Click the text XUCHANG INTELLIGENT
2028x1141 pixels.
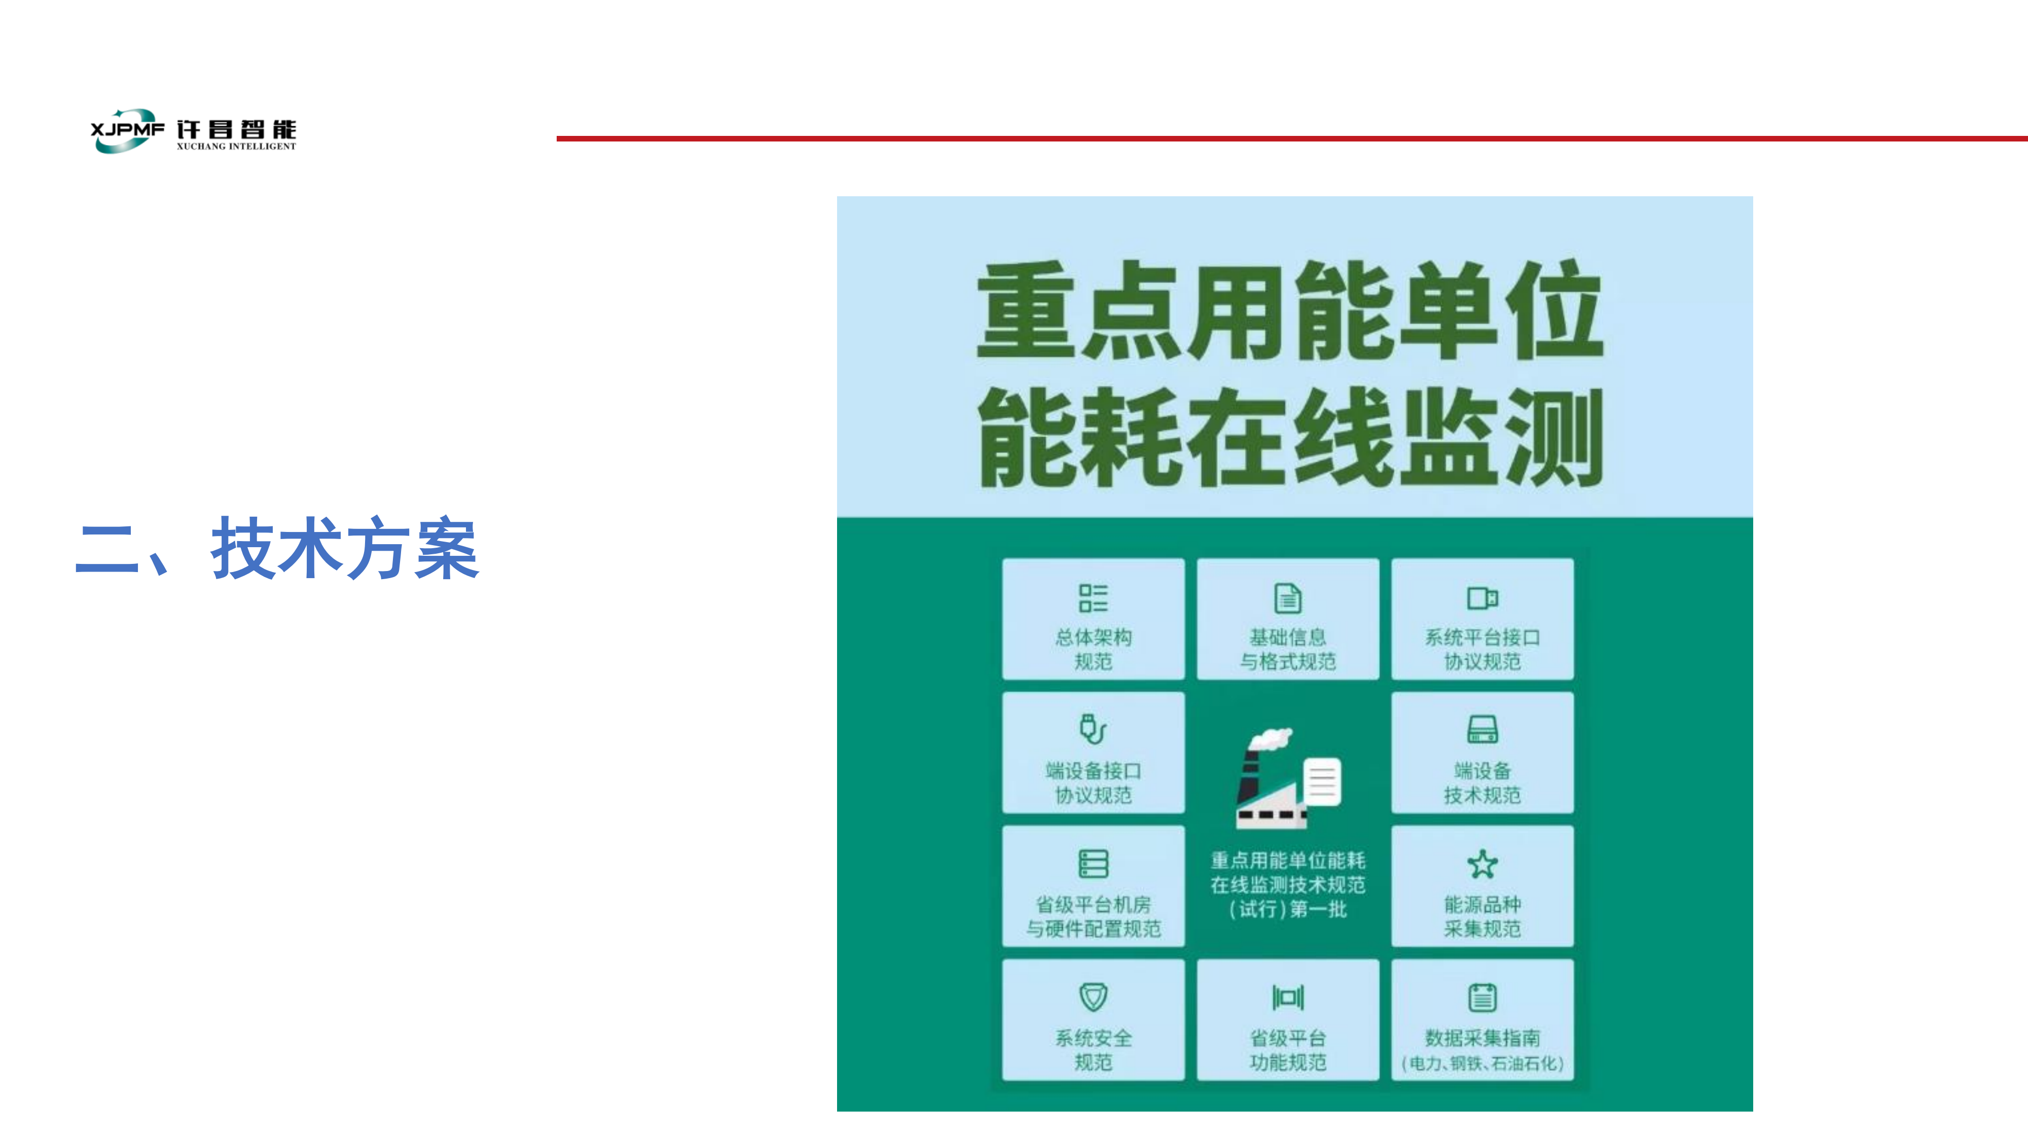pos(236,147)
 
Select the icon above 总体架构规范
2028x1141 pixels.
pos(1093,598)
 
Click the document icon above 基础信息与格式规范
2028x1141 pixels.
pos(1288,598)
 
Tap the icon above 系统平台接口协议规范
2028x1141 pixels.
pos(1482,598)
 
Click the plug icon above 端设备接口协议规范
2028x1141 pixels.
pos(1093,729)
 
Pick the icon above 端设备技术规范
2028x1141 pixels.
pos(1482,729)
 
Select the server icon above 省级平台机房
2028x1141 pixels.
pos(1093,863)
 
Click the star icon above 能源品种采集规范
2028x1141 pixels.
pos(1482,864)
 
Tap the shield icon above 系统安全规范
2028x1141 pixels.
pos(1093,997)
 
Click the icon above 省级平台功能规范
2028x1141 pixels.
pos(1288,997)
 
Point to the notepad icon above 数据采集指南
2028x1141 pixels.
pos(1482,997)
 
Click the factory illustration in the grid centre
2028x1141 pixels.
pos(1288,778)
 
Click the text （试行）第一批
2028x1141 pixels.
pos(1288,909)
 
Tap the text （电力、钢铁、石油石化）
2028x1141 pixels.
pos(1482,1063)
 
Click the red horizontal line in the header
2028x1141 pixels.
pos(1292,138)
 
